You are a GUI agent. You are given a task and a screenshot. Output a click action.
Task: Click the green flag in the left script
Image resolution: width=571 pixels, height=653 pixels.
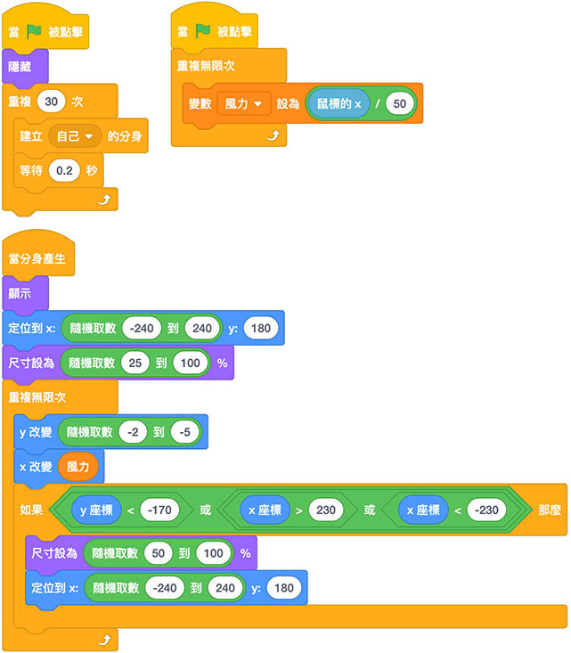[34, 31]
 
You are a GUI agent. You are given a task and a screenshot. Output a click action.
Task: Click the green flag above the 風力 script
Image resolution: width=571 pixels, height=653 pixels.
[203, 31]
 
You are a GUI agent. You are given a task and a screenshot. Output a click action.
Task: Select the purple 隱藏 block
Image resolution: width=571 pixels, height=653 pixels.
[20, 67]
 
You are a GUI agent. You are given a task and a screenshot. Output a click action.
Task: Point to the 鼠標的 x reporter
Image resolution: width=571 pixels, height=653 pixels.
[339, 104]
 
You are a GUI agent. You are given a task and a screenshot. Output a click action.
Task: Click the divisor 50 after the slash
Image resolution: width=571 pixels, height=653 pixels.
[400, 104]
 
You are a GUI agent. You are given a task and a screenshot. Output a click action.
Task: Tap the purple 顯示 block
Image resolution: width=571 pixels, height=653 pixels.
[20, 294]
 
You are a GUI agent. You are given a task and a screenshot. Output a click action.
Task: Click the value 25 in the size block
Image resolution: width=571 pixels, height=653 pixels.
[136, 363]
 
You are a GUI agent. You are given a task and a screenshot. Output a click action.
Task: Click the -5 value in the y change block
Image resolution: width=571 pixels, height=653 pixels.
[184, 431]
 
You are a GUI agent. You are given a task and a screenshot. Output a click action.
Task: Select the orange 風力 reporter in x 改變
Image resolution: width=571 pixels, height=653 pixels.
[77, 466]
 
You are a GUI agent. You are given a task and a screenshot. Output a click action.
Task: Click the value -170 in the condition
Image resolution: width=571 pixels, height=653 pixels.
[160, 510]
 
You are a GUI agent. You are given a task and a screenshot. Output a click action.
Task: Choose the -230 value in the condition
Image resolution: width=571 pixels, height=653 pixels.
[486, 510]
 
